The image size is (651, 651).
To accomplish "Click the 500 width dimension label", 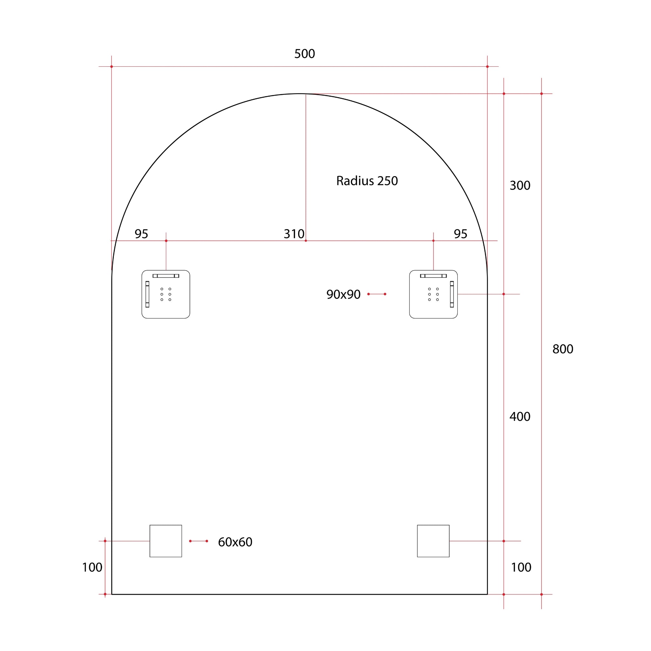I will [x=304, y=54].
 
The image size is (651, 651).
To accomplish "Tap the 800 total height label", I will [x=562, y=349].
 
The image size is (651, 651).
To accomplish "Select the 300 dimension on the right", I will [x=520, y=185].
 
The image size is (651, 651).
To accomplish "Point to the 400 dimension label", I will [x=520, y=417].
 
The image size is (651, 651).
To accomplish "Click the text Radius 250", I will [x=367, y=181].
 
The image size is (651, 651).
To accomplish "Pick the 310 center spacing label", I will [x=293, y=234].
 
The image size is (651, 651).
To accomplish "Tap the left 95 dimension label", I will [x=141, y=234].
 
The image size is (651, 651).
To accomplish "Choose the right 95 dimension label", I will [x=460, y=234].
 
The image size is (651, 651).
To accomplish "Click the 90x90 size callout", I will [x=343, y=294].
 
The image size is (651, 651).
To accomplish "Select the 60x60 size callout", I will [x=235, y=542].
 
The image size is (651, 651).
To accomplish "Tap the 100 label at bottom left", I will [x=92, y=567].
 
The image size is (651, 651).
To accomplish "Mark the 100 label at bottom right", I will [x=521, y=567].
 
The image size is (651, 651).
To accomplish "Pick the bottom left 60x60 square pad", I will [x=166, y=541].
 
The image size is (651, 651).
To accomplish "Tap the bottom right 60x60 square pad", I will [x=433, y=541].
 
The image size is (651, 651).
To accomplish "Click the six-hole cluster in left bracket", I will [x=166, y=294].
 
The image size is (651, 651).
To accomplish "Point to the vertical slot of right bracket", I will [x=452, y=294].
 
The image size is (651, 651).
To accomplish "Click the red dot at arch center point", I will [x=305, y=241].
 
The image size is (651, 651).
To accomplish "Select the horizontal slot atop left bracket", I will [x=166, y=276].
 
